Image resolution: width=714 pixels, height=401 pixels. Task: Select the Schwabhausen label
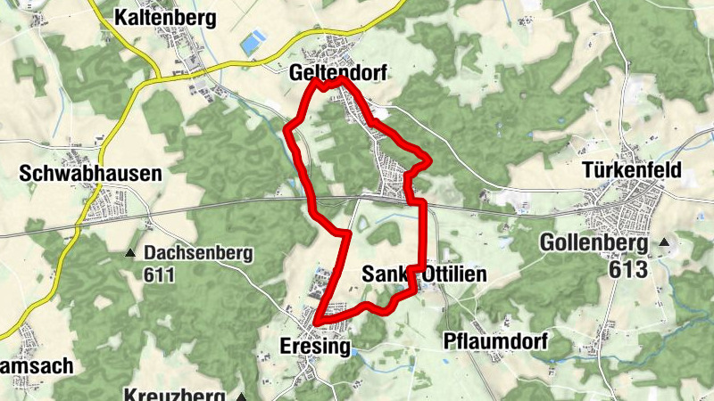point(91,174)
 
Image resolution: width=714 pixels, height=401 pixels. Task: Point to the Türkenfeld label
point(632,169)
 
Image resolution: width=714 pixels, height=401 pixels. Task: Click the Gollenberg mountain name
point(596,242)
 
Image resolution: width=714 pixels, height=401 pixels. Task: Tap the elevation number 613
point(627,268)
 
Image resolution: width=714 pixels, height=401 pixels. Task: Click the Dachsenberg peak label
point(198,253)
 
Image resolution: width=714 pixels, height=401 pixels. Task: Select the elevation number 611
point(158,275)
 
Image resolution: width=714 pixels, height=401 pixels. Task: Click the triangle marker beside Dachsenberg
point(131,254)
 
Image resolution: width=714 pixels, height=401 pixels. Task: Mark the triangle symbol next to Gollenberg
point(664,242)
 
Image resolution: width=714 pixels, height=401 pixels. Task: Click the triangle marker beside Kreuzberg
point(241,395)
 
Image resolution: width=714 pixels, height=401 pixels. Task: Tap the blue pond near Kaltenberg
point(254,40)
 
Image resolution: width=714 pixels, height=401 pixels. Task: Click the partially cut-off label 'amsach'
point(37,365)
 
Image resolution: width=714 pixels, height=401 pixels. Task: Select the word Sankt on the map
point(386,275)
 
